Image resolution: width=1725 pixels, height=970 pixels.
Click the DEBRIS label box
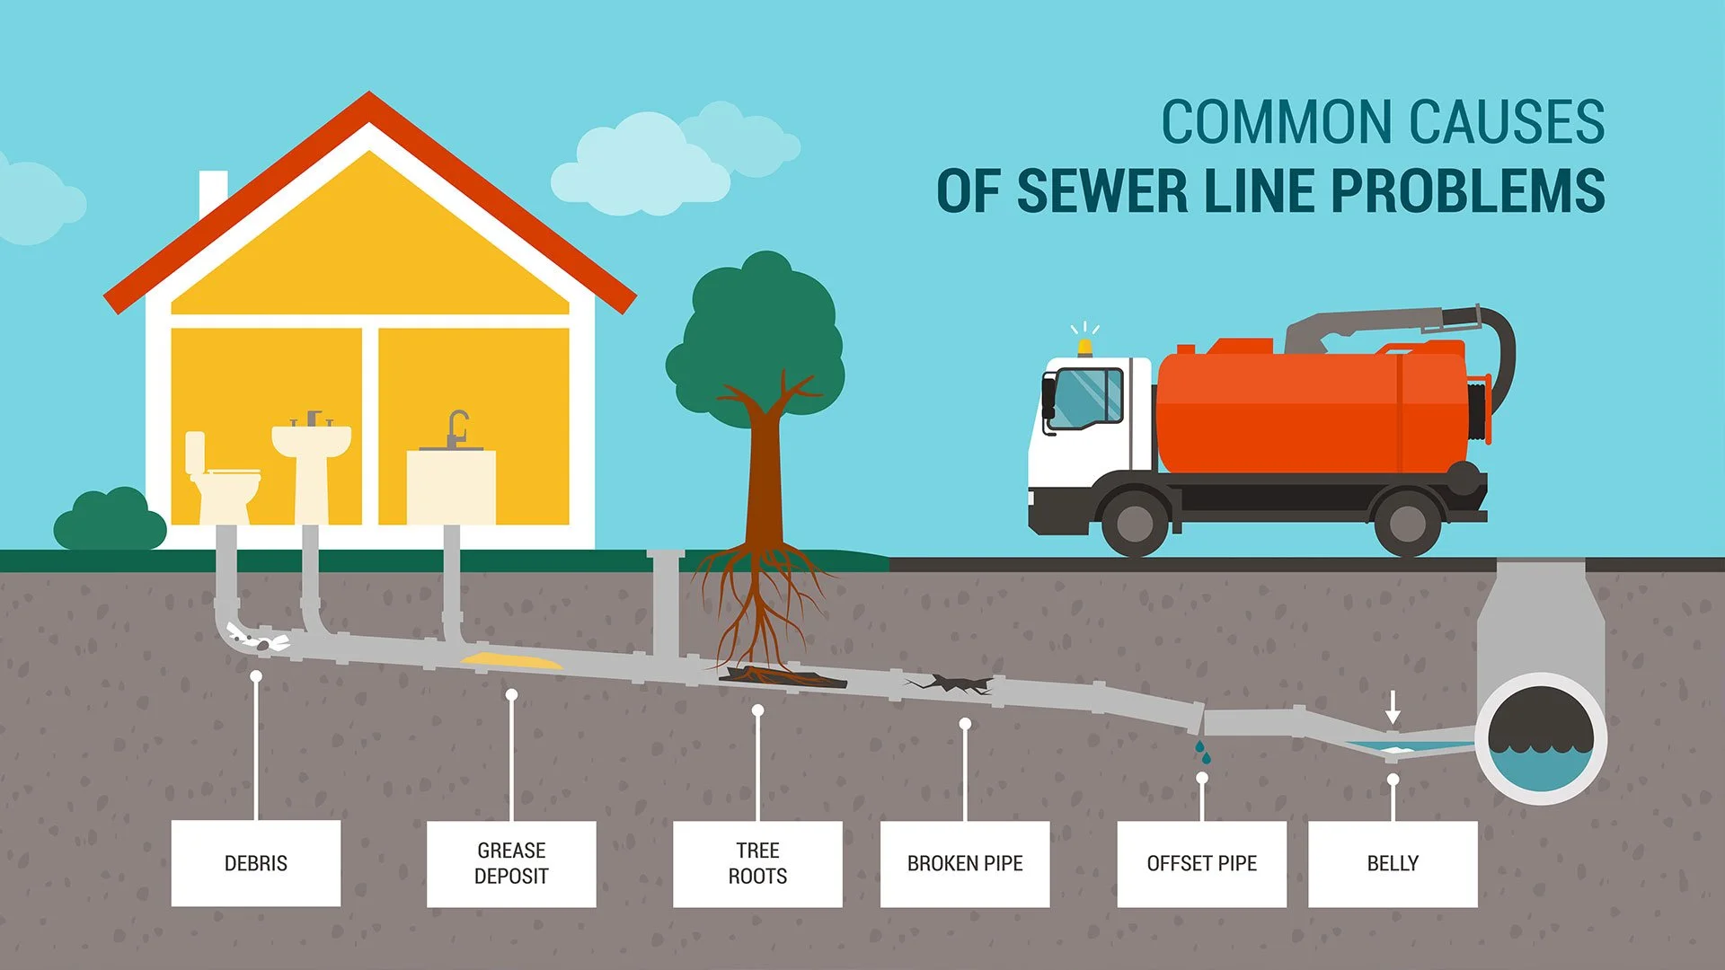pos(256,863)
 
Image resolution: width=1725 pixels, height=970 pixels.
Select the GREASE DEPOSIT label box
pos(511,863)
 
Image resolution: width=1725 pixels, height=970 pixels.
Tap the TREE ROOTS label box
pos(757,863)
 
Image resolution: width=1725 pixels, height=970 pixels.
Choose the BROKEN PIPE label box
pos(965,863)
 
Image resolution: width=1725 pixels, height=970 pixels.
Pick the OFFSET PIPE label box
pos(1201,863)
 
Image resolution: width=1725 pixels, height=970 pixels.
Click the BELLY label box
pos(1393,863)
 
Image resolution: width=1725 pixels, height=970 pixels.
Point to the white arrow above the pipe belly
pos(1393,708)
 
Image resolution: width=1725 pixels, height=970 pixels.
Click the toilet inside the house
pos(220,481)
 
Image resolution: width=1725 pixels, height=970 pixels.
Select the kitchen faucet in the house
pos(457,428)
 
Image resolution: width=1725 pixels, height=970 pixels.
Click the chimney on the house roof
pos(212,190)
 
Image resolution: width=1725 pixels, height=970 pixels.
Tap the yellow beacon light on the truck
pos(1085,347)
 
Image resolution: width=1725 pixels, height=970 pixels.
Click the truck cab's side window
pos(1087,398)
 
